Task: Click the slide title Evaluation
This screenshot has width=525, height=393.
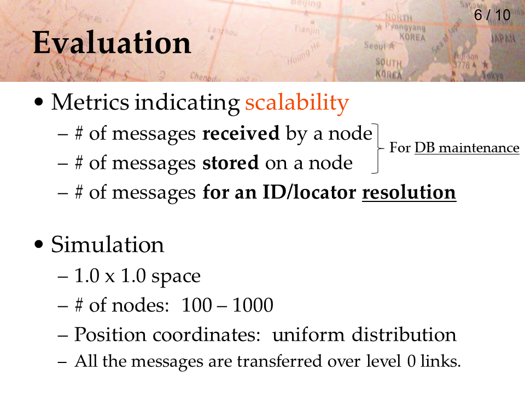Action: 112,43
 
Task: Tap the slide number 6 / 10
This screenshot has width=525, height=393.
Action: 492,15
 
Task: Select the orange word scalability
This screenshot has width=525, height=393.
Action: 297,103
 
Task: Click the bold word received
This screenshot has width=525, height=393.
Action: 241,133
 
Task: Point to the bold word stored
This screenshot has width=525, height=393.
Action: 230,163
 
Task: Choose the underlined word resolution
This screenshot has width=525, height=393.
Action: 409,193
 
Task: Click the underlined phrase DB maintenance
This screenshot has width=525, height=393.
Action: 466,148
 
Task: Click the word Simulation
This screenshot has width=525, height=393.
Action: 108,245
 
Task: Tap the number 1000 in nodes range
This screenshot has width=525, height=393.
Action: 253,305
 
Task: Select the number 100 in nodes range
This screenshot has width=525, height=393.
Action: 197,305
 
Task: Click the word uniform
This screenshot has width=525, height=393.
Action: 308,335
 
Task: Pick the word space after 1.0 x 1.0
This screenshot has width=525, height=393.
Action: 176,277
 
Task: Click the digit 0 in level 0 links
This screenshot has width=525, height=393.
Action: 411,361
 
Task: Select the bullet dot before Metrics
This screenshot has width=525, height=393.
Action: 39,102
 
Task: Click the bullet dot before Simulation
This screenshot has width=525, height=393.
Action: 39,245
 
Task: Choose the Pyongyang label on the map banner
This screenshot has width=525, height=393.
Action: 405,27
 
